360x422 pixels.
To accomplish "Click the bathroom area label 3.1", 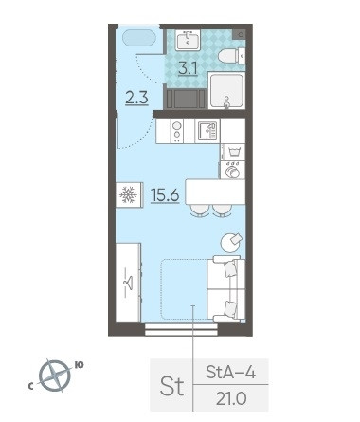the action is click(x=189, y=68).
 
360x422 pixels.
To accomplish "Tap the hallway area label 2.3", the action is click(x=136, y=98).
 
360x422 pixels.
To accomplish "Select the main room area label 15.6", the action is click(x=165, y=195).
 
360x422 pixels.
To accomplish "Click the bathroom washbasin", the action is click(x=188, y=40).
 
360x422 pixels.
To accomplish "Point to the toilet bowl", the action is click(x=232, y=56).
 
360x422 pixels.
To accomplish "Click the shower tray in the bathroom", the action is click(x=226, y=90).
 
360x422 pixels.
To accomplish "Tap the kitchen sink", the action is click(x=207, y=131).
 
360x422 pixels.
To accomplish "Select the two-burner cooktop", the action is click(x=177, y=131).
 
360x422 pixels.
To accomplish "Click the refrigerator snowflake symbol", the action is click(x=128, y=194).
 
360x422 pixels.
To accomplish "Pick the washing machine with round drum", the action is click(x=233, y=171).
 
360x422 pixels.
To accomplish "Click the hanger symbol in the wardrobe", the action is click(x=128, y=282).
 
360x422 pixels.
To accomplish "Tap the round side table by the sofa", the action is click(x=231, y=243).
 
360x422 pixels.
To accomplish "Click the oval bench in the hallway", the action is click(x=139, y=38).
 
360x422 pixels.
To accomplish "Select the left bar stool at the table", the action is click(x=200, y=211).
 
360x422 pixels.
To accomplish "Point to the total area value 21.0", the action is click(x=231, y=398).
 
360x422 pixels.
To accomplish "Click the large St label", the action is click(x=171, y=386).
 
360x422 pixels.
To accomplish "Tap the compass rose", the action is click(x=55, y=376).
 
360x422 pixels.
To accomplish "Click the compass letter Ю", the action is click(x=79, y=365).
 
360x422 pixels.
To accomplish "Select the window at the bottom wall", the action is click(x=181, y=329).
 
